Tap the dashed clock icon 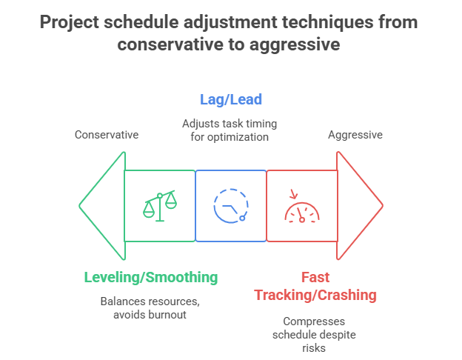(230, 205)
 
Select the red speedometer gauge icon (302, 207)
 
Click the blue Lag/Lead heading (230, 99)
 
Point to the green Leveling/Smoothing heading (151, 277)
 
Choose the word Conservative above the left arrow (107, 135)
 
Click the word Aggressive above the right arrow (355, 135)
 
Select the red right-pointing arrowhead (358, 205)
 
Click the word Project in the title (73, 21)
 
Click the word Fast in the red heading (315, 277)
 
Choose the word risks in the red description (314, 347)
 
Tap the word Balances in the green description (125, 301)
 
